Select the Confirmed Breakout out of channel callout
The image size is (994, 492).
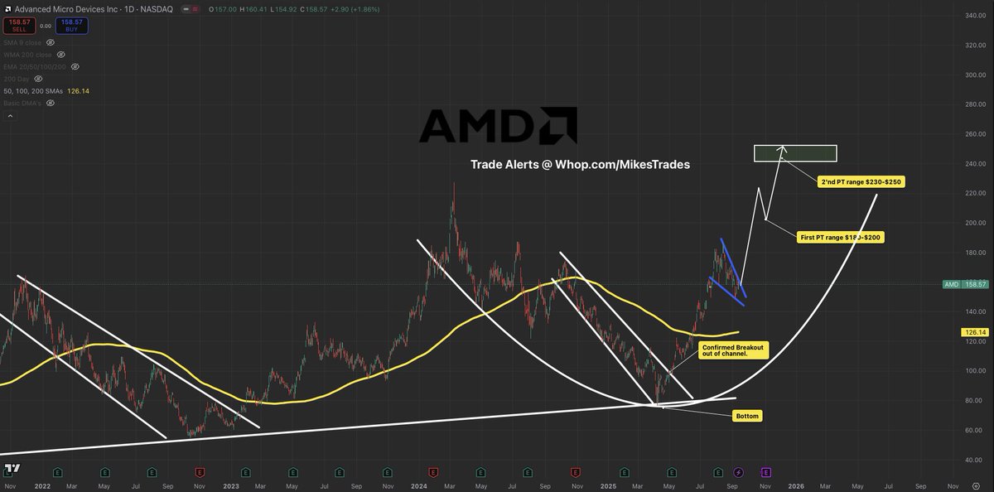click(x=734, y=350)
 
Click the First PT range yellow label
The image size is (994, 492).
click(x=839, y=237)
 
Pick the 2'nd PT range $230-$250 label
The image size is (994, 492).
click(x=861, y=181)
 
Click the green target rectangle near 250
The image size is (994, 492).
click(x=795, y=153)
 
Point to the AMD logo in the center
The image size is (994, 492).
click(x=498, y=125)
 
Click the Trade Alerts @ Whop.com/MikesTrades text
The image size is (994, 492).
click(x=580, y=165)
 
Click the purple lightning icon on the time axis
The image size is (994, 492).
click(x=739, y=472)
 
